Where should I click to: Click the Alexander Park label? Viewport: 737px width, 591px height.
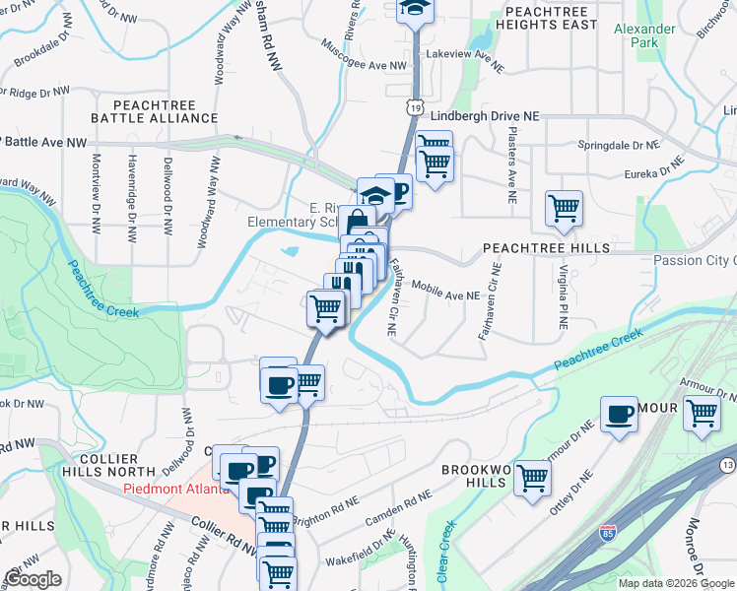[x=644, y=36]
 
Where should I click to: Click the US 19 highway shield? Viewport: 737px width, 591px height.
[x=417, y=105]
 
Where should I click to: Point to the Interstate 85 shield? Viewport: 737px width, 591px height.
[x=608, y=533]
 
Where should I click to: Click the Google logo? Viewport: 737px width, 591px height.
[x=33, y=578]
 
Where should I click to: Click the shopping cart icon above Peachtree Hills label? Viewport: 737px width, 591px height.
[x=564, y=207]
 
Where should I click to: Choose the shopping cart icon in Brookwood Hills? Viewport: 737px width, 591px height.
[x=532, y=478]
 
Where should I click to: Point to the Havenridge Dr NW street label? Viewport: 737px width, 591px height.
[x=131, y=197]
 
